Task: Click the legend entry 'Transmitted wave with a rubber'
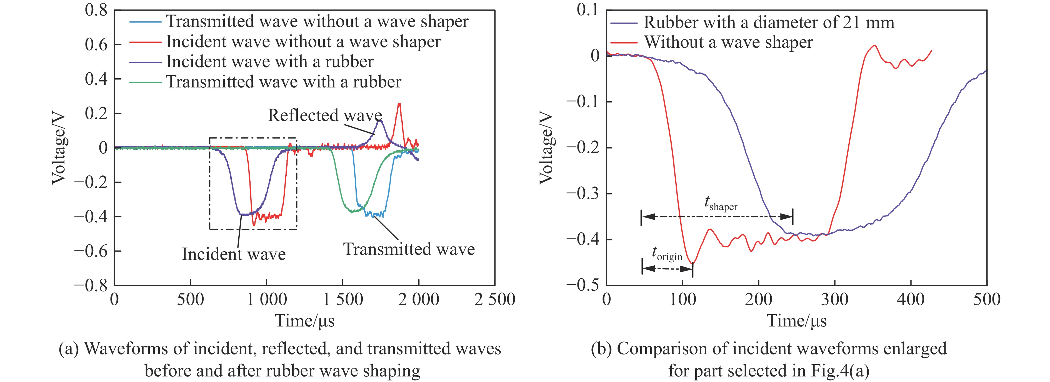click(x=283, y=82)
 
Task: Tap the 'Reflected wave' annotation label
click(x=324, y=115)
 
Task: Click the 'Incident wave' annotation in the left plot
click(x=234, y=254)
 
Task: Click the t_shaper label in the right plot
click(x=721, y=203)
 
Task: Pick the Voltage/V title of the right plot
click(x=546, y=149)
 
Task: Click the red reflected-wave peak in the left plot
click(x=399, y=104)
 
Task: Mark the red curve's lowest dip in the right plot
click(x=692, y=263)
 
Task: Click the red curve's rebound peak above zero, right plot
click(x=874, y=46)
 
